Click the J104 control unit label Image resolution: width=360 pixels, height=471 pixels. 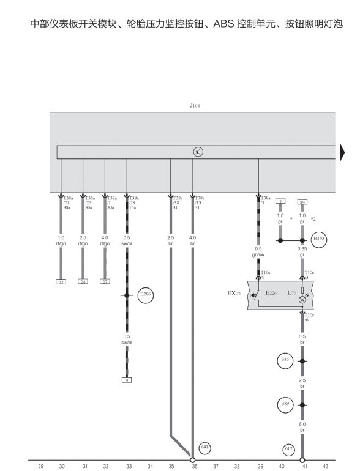click(195, 105)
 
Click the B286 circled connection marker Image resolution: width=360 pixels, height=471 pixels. click(146, 295)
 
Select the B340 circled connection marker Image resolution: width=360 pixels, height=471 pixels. click(319, 239)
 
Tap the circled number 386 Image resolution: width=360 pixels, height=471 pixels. click(285, 360)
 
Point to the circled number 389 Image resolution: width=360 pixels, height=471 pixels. click(285, 404)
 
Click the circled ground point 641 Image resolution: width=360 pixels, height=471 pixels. click(205, 448)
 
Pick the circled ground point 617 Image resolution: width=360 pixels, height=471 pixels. click(289, 449)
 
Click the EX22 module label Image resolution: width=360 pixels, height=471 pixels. click(234, 294)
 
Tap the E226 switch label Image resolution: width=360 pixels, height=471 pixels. click(271, 293)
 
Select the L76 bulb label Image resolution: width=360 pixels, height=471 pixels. click(291, 293)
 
